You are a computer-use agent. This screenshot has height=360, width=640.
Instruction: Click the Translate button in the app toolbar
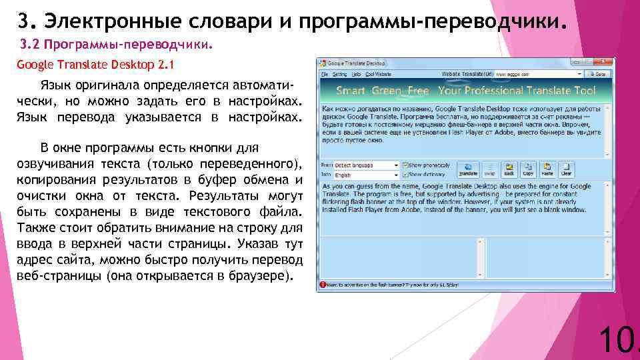pyautogui.click(x=468, y=169)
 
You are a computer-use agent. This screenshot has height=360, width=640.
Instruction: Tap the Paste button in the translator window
pyautogui.click(x=547, y=169)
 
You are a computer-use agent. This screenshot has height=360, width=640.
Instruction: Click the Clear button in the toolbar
pyautogui.click(x=566, y=169)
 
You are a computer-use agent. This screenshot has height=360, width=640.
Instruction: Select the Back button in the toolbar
pyautogui.click(x=509, y=169)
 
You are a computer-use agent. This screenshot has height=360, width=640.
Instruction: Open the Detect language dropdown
pyautogui.click(x=367, y=165)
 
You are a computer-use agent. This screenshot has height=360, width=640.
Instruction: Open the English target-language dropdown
pyautogui.click(x=367, y=175)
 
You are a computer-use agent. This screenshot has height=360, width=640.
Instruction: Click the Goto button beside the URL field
pyautogui.click(x=598, y=74)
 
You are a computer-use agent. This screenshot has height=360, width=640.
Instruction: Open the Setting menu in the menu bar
pyautogui.click(x=340, y=74)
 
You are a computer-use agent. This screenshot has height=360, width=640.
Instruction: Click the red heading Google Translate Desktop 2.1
pyautogui.click(x=95, y=65)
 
